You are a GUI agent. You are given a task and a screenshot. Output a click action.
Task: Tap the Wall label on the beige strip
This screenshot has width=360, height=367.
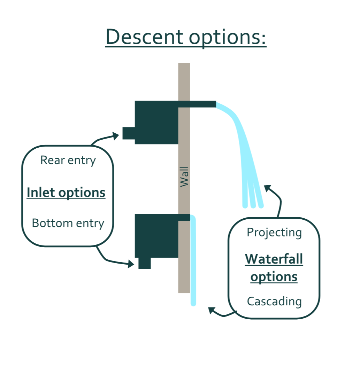click(x=184, y=177)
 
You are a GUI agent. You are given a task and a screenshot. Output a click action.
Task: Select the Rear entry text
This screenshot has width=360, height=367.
click(x=68, y=161)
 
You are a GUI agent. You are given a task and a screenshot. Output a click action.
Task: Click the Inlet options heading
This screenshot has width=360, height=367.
click(x=66, y=193)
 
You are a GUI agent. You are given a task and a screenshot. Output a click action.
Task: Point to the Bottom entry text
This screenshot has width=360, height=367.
click(x=68, y=224)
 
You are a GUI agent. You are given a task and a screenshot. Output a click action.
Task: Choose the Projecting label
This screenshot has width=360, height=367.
click(x=274, y=233)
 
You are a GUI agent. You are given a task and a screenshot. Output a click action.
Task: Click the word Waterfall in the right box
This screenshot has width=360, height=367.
click(x=274, y=259)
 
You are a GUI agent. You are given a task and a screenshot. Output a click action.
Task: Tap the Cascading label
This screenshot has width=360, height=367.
click(x=274, y=302)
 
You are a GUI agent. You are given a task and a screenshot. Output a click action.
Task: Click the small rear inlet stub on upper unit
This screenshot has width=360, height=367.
click(x=129, y=133)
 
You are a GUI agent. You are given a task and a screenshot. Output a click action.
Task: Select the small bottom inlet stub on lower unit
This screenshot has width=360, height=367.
click(x=145, y=263)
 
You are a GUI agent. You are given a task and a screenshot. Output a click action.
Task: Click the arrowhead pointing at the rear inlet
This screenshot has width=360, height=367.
click(x=115, y=136)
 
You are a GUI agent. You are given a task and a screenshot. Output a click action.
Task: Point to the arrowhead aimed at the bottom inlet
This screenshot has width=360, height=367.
click(x=131, y=264)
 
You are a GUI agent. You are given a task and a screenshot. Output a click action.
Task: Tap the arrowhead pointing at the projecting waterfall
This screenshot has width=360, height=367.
click(x=268, y=188)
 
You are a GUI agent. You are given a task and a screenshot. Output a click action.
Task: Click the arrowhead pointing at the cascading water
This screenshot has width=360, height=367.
click(x=212, y=310)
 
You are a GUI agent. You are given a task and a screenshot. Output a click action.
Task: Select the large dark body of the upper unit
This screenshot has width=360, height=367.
click(x=156, y=123)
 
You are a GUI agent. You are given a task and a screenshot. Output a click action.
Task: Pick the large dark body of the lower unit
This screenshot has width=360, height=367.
click(x=156, y=236)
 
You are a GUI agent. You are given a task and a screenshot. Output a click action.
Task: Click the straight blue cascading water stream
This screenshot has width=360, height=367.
click(x=193, y=260)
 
